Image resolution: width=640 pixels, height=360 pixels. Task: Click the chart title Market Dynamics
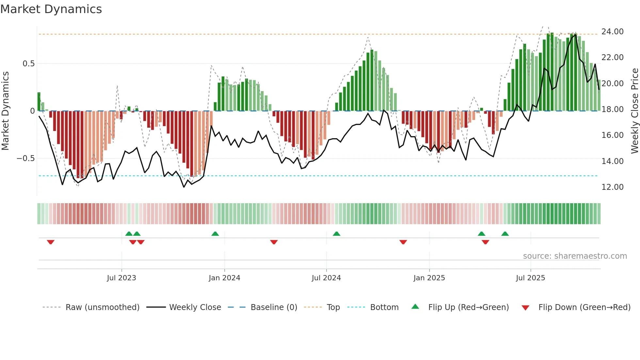pyautogui.click(x=51, y=9)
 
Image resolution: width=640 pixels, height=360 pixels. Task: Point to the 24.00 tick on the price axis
pyautogui.click(x=612, y=32)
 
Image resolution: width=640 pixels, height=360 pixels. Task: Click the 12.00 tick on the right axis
pyautogui.click(x=612, y=187)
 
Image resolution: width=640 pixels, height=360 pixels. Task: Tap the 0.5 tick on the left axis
pyautogui.click(x=28, y=64)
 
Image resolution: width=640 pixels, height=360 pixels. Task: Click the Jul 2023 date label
pyautogui.click(x=121, y=278)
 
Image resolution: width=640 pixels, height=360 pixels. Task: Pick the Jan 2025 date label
pyautogui.click(x=429, y=278)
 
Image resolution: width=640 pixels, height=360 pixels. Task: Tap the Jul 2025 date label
pyautogui.click(x=530, y=278)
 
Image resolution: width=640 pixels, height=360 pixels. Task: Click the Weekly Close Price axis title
pyautogui.click(x=634, y=111)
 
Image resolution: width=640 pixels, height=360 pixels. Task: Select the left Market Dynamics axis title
pyautogui.click(x=5, y=111)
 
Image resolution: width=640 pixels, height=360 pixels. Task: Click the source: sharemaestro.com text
pyautogui.click(x=575, y=256)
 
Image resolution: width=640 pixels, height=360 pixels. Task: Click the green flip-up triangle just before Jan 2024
pyautogui.click(x=215, y=234)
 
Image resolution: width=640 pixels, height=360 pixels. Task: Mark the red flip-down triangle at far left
pyautogui.click(x=51, y=242)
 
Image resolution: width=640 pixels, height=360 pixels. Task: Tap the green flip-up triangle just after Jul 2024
pyautogui.click(x=336, y=234)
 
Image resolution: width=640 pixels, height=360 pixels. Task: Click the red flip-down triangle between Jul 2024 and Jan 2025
pyautogui.click(x=403, y=242)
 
